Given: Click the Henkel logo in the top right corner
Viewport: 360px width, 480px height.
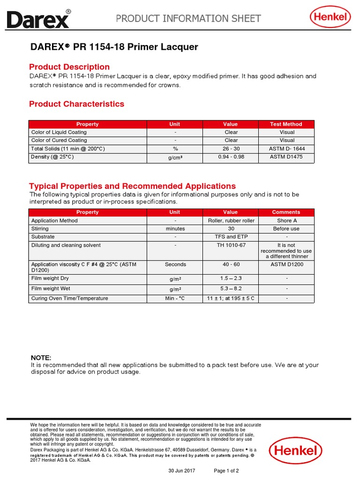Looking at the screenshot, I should point(330,18).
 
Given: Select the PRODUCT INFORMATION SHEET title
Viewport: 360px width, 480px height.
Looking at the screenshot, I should point(188,19).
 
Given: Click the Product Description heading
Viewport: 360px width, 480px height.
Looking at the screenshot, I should point(69,67).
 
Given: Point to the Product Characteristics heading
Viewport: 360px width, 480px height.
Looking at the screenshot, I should point(76,104).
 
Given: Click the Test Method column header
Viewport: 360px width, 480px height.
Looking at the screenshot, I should point(286,124).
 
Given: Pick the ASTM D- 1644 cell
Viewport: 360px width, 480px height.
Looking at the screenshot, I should point(286,149).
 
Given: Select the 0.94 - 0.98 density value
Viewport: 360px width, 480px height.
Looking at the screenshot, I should point(231,157).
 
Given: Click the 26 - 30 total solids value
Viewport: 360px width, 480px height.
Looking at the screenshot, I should point(231,149).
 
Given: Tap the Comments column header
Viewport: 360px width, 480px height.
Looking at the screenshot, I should point(286,212).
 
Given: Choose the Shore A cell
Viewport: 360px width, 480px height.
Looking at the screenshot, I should point(286,220).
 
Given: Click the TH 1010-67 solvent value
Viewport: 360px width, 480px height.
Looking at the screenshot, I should point(231,245).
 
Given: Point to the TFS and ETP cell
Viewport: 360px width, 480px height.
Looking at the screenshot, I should point(231,237).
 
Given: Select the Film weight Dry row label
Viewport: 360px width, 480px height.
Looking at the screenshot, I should point(50,278).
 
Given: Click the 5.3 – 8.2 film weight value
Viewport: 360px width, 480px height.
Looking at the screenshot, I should point(231,289).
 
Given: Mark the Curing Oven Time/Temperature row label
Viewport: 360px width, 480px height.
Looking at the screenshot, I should point(69,298).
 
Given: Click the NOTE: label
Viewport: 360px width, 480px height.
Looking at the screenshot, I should point(41,358).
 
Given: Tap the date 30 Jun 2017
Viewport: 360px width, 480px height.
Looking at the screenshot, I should point(182,471).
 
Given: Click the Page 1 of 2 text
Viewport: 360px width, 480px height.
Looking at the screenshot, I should point(226,471).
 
